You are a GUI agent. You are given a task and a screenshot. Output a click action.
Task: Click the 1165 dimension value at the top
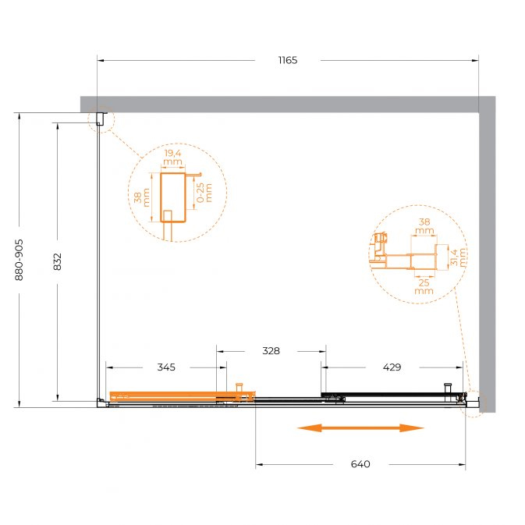coord(288,60)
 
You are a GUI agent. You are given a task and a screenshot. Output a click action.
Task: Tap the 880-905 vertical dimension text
coord(19,260)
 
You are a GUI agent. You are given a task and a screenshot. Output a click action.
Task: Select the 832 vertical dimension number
coord(57,261)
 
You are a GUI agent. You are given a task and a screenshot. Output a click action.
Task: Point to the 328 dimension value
coord(271,351)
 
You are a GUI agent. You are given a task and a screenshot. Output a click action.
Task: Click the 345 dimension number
coord(166,367)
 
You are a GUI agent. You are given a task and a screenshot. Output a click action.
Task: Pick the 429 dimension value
coord(392,367)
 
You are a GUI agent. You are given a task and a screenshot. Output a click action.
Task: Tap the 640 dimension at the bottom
coord(360,464)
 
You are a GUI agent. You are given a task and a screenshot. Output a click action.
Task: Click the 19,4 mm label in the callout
coord(172,158)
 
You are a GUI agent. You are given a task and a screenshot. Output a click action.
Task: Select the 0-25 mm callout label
coord(204,193)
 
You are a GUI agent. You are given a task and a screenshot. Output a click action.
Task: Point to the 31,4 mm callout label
coord(458,257)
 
